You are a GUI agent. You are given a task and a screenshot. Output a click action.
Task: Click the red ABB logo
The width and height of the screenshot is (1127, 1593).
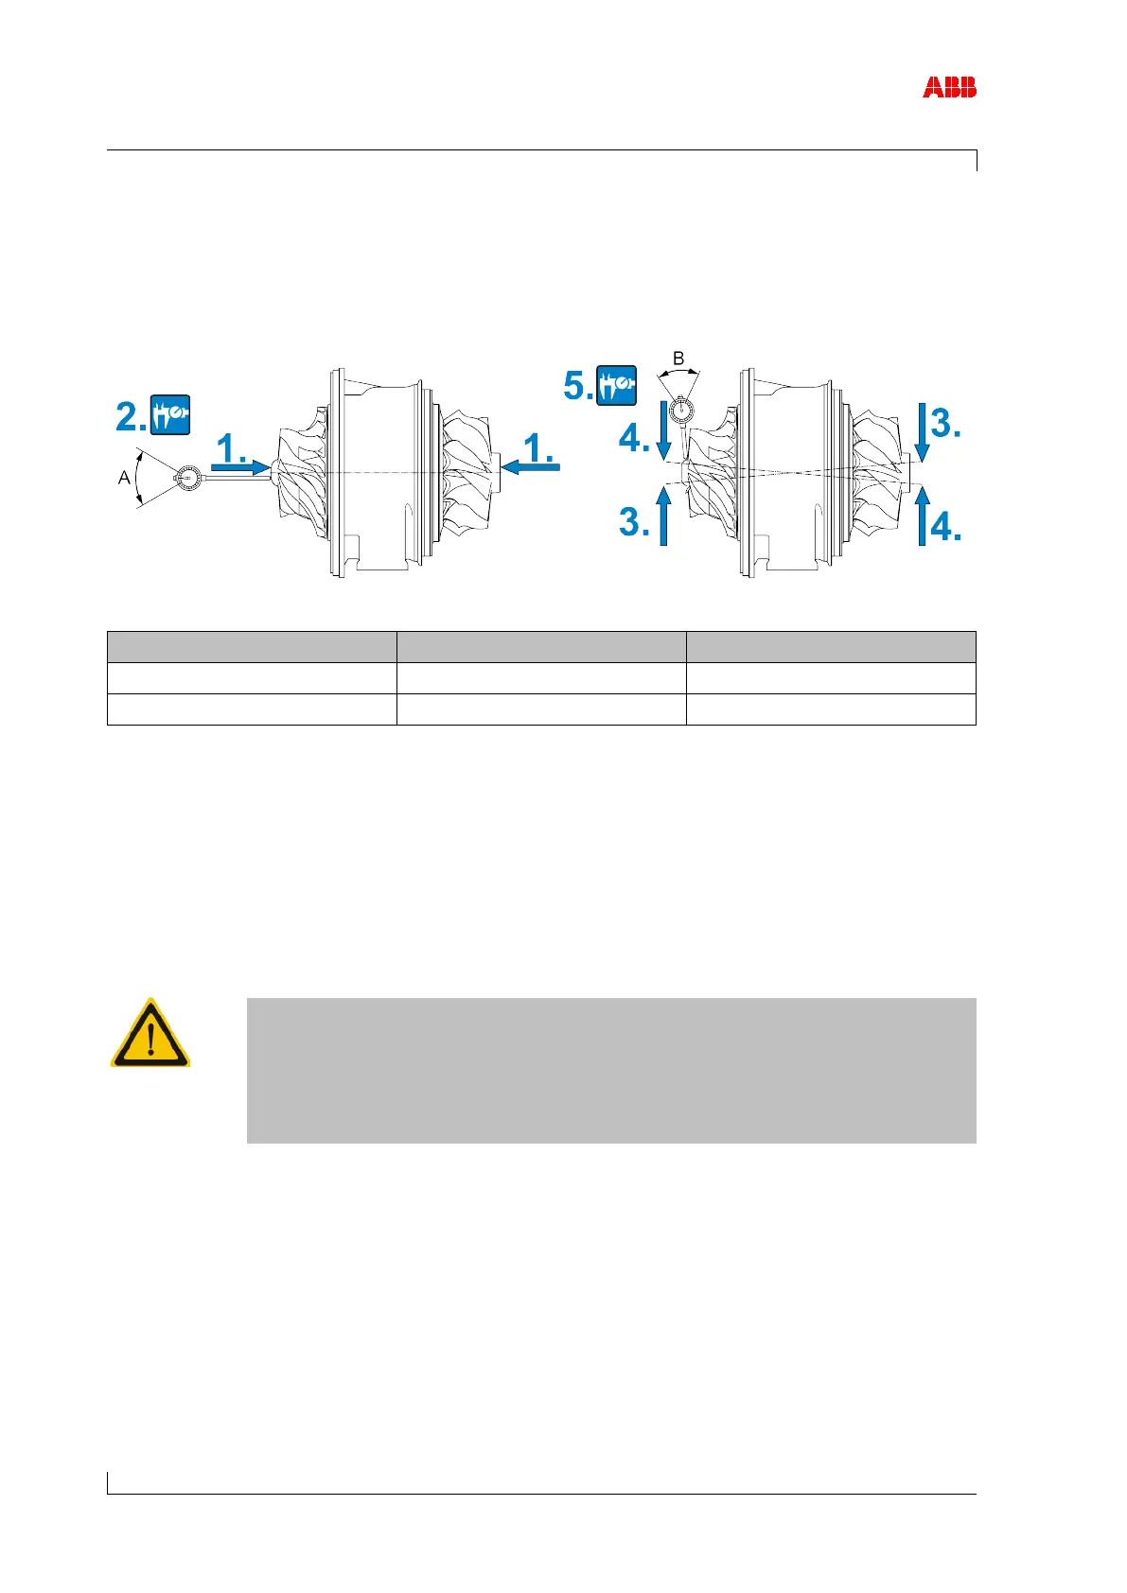[x=949, y=88]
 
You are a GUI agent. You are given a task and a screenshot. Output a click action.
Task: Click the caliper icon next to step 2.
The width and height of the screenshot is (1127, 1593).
[x=170, y=414]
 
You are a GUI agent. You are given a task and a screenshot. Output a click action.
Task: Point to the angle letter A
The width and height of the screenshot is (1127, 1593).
[x=123, y=479]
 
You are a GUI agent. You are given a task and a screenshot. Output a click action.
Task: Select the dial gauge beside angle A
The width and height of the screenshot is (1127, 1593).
[x=187, y=480]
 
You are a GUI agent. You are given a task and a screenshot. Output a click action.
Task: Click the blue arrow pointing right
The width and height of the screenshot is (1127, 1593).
[x=240, y=466]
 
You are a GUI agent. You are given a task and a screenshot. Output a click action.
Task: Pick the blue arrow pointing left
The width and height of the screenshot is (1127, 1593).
[x=532, y=465]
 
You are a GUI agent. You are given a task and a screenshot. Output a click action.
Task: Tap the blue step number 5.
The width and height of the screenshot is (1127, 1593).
[x=578, y=386]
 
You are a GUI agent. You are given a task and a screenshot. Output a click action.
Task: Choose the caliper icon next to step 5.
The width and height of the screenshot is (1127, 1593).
[x=617, y=385]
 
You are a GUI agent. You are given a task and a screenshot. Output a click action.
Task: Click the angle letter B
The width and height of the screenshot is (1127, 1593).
[x=678, y=359]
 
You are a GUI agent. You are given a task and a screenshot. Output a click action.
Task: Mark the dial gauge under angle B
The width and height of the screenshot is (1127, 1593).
[x=679, y=411]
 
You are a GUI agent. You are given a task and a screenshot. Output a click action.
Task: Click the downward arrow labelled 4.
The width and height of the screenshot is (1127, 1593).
[x=662, y=435]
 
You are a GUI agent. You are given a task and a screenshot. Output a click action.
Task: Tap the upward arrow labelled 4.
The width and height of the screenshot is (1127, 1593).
[x=922, y=516]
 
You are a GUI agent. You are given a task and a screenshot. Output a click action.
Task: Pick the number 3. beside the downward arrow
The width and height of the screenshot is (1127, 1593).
[x=946, y=424]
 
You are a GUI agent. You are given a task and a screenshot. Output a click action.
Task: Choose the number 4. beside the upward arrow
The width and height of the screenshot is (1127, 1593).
[x=946, y=526]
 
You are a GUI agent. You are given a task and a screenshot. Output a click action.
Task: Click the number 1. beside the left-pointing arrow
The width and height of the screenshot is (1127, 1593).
[x=539, y=447]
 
